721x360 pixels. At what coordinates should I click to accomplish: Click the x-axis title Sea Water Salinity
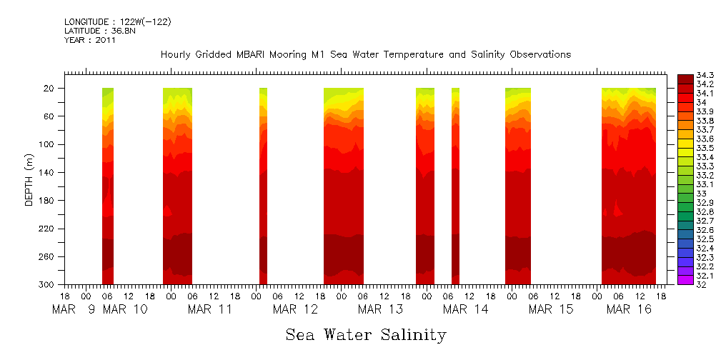pos(366,334)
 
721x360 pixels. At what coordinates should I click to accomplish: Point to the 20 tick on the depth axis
pos(51,88)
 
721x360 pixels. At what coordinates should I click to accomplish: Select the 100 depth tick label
pos(48,144)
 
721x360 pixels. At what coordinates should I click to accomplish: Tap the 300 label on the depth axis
pos(48,284)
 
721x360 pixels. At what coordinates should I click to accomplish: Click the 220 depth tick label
pos(48,229)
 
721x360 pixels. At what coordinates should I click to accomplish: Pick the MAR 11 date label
pos(210,309)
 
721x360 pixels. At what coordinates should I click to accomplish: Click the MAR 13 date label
pos(380,309)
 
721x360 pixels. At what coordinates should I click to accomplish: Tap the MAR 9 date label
pos(74,309)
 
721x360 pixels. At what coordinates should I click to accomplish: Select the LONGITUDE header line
pos(117,21)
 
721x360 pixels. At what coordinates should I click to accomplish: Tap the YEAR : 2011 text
pos(90,40)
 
